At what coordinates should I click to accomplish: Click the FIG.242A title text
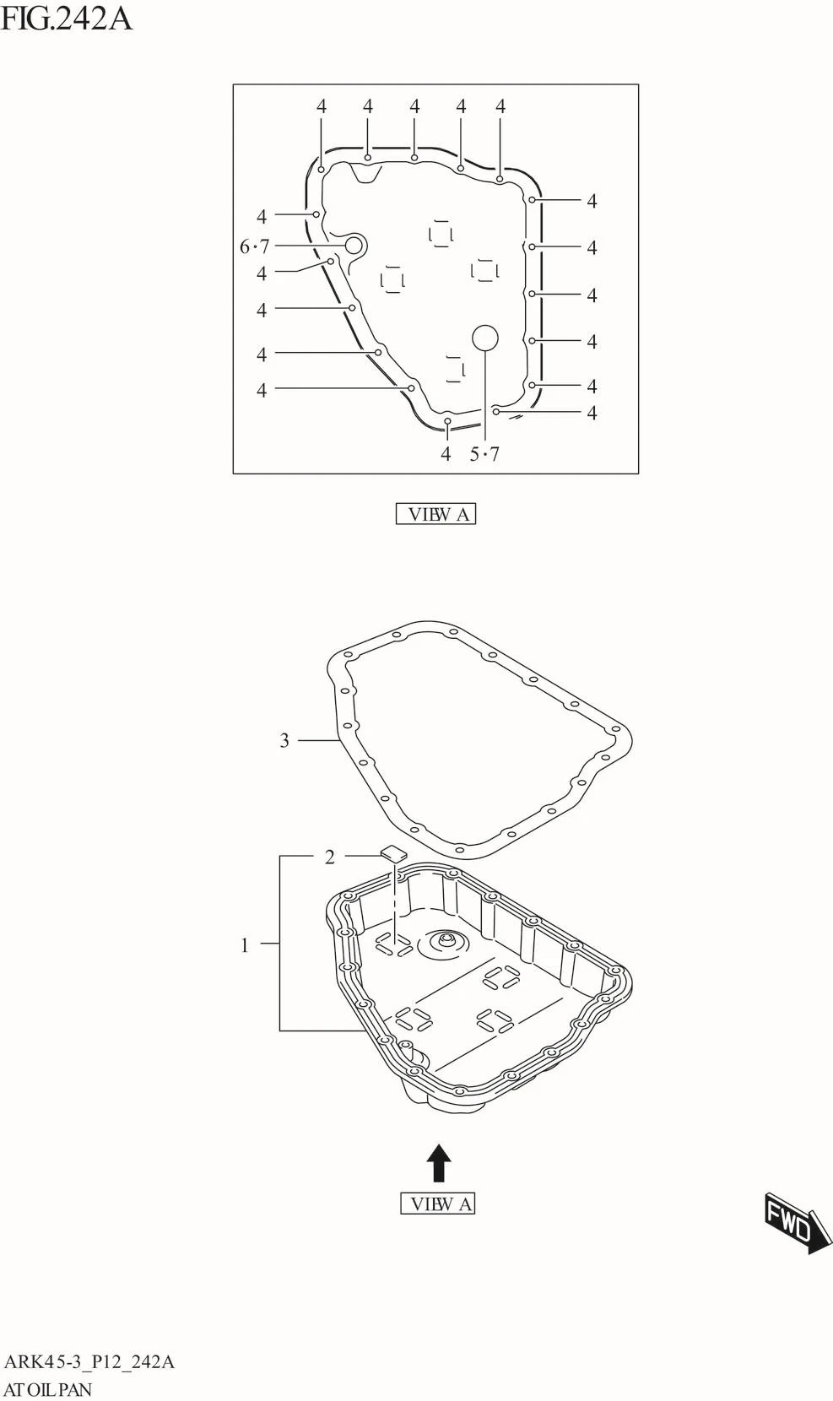pos(67,17)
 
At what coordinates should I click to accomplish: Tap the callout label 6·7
pos(254,246)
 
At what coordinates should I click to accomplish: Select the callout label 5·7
pos(484,454)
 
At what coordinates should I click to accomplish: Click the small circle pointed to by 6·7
pos(354,246)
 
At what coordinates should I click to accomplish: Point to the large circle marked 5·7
pos(485,338)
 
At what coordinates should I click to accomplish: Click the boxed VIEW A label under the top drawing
pos(436,514)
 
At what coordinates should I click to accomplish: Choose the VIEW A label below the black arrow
pos(438,1204)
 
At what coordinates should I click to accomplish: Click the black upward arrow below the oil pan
pos(438,1163)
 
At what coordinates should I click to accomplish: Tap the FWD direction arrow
pos(797,1223)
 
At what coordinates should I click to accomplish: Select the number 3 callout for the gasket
pos(284,740)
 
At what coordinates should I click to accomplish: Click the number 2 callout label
pos(330,857)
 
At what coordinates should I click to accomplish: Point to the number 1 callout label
pos(245,945)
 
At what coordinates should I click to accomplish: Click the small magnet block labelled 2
pos(393,853)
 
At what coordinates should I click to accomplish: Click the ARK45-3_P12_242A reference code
pos(89,1361)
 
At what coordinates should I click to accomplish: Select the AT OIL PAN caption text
pos(48,1388)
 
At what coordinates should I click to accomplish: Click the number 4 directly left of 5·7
pos(446,454)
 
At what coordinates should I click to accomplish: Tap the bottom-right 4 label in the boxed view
pos(592,413)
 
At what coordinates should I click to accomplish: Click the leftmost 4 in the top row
pos(322,106)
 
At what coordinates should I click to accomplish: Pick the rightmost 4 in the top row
pos(500,106)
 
